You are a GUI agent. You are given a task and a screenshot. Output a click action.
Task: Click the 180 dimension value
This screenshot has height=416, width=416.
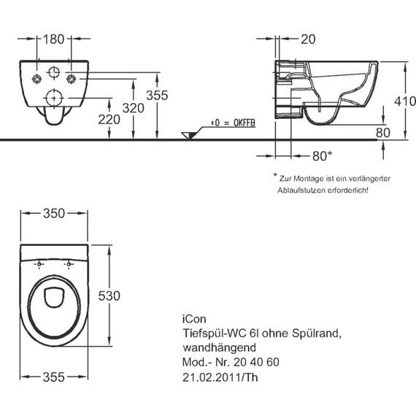53,39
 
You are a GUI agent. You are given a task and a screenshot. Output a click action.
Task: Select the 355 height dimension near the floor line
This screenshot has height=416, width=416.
157,96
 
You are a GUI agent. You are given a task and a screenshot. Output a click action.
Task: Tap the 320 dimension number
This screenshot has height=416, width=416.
133,108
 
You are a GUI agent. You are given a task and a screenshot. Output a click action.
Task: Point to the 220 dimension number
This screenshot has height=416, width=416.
109,120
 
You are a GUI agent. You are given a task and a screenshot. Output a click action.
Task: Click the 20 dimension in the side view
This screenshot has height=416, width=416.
308,39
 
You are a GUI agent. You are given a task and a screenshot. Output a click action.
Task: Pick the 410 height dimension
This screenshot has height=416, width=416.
405,101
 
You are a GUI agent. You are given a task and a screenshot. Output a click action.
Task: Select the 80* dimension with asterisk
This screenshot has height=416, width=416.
322,156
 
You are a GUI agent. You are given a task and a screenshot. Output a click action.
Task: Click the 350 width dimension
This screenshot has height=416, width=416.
54,213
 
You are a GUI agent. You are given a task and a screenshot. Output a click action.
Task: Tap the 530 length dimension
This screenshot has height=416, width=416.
109,296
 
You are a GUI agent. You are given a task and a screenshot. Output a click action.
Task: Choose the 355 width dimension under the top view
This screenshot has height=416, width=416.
53,377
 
